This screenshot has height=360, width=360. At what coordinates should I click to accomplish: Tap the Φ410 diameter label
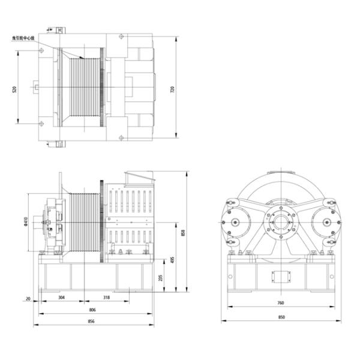[25, 223]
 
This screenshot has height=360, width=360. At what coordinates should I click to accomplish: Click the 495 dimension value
[172, 260]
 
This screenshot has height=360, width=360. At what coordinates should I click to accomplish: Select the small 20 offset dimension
[28, 297]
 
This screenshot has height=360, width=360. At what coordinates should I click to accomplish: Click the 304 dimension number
[62, 297]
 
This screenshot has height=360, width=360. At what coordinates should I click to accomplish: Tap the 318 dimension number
[106, 297]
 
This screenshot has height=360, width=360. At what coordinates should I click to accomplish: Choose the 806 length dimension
[92, 310]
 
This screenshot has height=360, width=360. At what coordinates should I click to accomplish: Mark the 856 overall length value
[92, 322]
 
